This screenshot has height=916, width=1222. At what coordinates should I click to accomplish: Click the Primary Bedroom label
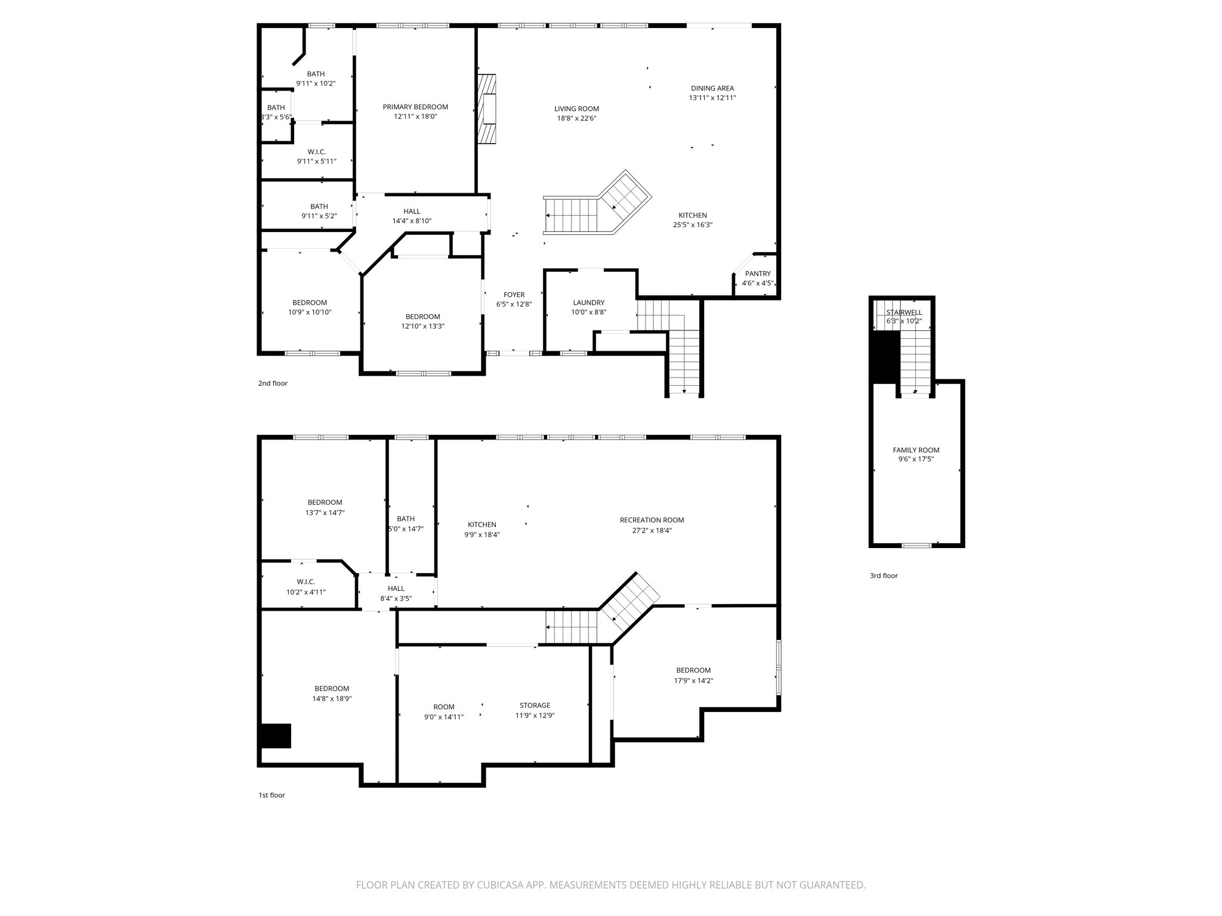pos(415,107)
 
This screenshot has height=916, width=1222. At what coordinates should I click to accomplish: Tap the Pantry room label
pos(758,274)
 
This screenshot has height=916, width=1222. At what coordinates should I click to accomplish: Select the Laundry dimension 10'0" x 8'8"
pos(588,312)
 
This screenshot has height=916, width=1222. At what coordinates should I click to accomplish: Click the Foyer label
pos(514,295)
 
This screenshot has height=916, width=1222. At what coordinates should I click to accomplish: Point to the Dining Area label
pos(712,88)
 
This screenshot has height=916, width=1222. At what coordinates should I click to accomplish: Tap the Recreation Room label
pos(652,520)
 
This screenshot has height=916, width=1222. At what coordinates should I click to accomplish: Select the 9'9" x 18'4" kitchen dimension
pos(482,535)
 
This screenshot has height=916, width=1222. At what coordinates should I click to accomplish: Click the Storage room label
pos(535,705)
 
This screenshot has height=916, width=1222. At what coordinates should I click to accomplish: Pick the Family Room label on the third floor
pos(916,450)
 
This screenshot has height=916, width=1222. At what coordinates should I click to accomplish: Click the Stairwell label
pos(904,312)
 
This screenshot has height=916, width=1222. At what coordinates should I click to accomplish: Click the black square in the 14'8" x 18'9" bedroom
pos(276,735)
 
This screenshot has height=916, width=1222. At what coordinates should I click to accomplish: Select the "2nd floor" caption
pos(273,383)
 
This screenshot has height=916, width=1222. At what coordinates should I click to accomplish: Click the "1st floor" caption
pos(271,795)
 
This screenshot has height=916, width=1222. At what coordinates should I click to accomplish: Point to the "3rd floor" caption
pos(883,575)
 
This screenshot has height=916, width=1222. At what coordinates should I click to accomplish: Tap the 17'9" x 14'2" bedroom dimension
pos(693,680)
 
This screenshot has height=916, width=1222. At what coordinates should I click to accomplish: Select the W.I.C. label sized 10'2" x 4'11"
pos(305,582)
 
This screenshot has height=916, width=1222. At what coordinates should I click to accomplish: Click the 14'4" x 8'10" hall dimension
pos(412,221)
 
